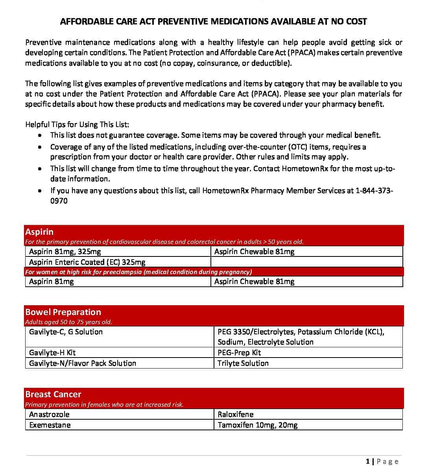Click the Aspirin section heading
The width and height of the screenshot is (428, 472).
click(39, 232)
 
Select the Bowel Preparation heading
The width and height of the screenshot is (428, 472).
click(63, 312)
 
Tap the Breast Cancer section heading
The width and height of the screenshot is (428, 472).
click(53, 394)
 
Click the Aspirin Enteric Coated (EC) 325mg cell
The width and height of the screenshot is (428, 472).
click(87, 262)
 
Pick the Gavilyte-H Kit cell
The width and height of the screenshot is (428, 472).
click(52, 352)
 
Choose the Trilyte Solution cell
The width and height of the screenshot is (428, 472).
click(243, 363)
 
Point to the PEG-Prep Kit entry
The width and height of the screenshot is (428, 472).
click(239, 352)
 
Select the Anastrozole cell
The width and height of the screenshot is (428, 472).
click(49, 414)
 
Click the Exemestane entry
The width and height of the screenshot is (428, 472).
click(50, 425)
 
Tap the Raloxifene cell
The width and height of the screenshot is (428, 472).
click(236, 414)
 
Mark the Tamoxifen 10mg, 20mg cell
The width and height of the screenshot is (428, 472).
click(258, 425)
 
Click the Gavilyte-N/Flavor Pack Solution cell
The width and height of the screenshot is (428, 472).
click(83, 363)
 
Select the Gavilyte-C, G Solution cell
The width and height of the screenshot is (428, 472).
click(66, 332)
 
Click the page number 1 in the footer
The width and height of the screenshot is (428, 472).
click(367, 461)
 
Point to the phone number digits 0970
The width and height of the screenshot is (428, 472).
click(59, 201)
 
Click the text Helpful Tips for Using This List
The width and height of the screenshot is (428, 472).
click(77, 124)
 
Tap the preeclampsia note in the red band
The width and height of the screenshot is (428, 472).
click(138, 272)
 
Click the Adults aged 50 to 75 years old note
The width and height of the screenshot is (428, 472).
click(68, 322)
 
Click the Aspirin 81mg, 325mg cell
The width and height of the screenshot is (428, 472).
click(65, 251)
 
